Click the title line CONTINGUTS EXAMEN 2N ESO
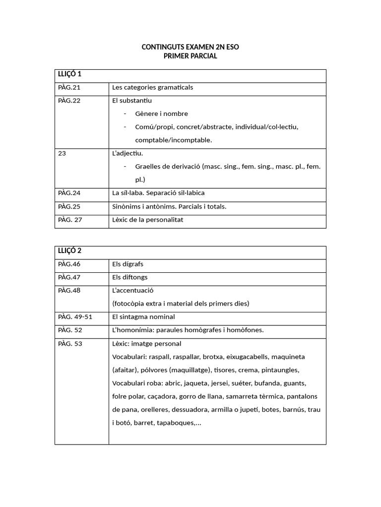(x=190, y=47)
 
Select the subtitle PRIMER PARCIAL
(x=190, y=56)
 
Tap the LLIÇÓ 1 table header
(x=70, y=74)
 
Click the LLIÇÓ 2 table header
(x=70, y=251)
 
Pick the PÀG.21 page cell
(x=69, y=88)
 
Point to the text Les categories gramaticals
(x=152, y=88)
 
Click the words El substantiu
(x=132, y=101)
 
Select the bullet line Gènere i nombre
(x=161, y=114)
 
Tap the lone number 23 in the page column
(x=62, y=153)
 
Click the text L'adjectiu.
(x=127, y=153)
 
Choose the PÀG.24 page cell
(x=69, y=193)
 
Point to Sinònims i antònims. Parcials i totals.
(x=169, y=206)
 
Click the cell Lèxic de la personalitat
(x=147, y=220)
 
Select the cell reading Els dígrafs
(x=127, y=264)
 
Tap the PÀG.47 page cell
(x=69, y=277)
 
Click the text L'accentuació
(x=133, y=291)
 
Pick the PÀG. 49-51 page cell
(x=75, y=317)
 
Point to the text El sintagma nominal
(x=143, y=317)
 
